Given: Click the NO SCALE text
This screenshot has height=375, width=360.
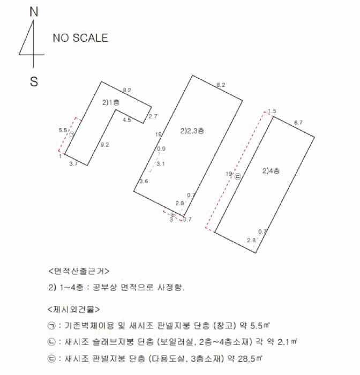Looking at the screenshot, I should tap(80, 38).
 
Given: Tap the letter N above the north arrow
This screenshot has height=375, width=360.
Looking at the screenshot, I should tap(34, 11).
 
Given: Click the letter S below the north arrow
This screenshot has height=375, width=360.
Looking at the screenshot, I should tap(34, 82).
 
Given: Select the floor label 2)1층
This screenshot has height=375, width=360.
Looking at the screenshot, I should tap(111, 102).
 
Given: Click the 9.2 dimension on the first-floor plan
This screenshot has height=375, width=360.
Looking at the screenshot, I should tap(105, 145).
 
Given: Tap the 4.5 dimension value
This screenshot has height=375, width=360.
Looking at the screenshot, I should tap(127, 120).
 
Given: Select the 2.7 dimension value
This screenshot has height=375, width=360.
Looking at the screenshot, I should tap(153, 116).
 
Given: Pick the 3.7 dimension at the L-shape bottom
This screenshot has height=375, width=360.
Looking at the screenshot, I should tap(74, 164).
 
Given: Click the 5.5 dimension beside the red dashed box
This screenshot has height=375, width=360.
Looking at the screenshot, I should tap(62, 130).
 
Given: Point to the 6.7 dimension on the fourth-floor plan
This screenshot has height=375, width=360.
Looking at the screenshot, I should tap(299, 123).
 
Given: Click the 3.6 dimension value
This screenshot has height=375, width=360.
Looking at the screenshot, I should tap(144, 182).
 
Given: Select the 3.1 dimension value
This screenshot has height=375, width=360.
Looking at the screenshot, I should tap(161, 163).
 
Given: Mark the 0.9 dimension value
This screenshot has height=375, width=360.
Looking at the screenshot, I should tap(161, 148).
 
